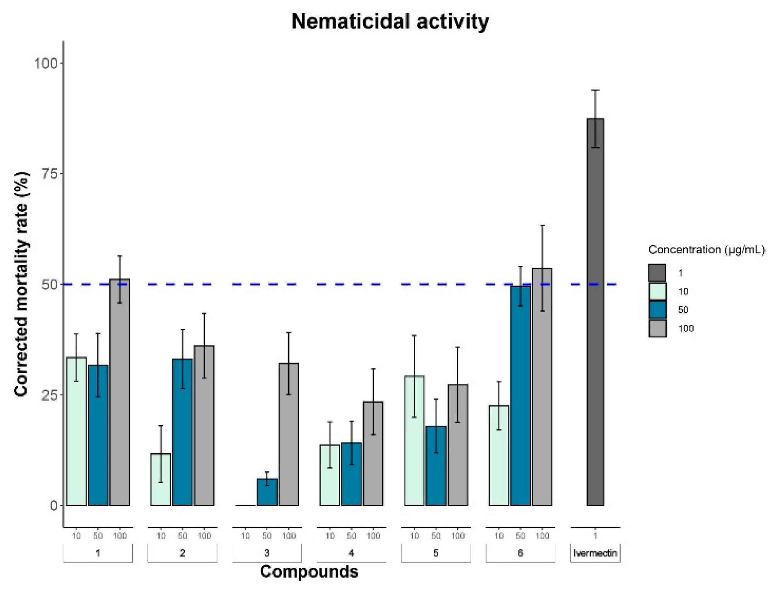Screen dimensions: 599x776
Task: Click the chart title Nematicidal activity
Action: pyautogui.click(x=390, y=21)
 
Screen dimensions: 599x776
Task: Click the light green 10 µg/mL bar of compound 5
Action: pyautogui.click(x=414, y=441)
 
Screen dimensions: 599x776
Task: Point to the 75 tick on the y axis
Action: pyautogui.click(x=49, y=174)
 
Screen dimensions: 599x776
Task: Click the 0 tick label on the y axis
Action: pyautogui.click(x=54, y=505)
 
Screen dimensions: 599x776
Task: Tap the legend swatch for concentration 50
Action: pyautogui.click(x=657, y=310)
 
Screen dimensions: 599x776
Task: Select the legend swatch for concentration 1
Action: pyautogui.click(x=657, y=273)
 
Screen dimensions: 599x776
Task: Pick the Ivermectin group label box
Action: pyautogui.click(x=595, y=553)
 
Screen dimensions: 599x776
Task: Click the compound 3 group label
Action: pyautogui.click(x=267, y=553)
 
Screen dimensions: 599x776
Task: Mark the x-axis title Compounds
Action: pyautogui.click(x=309, y=572)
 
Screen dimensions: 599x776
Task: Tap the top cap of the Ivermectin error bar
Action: pyautogui.click(x=595, y=90)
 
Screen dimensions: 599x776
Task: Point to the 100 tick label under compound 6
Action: pyautogui.click(x=542, y=536)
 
